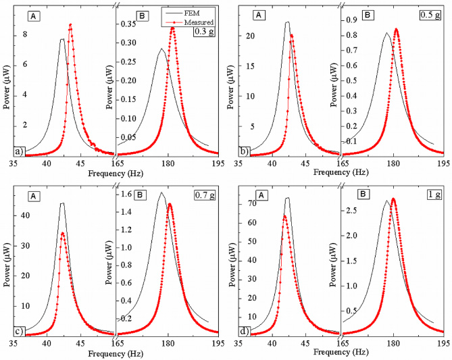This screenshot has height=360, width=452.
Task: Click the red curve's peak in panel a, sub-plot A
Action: coord(70,25)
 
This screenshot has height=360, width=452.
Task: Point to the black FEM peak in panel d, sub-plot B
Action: coord(387,201)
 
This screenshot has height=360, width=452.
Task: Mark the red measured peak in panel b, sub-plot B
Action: coord(395,29)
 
